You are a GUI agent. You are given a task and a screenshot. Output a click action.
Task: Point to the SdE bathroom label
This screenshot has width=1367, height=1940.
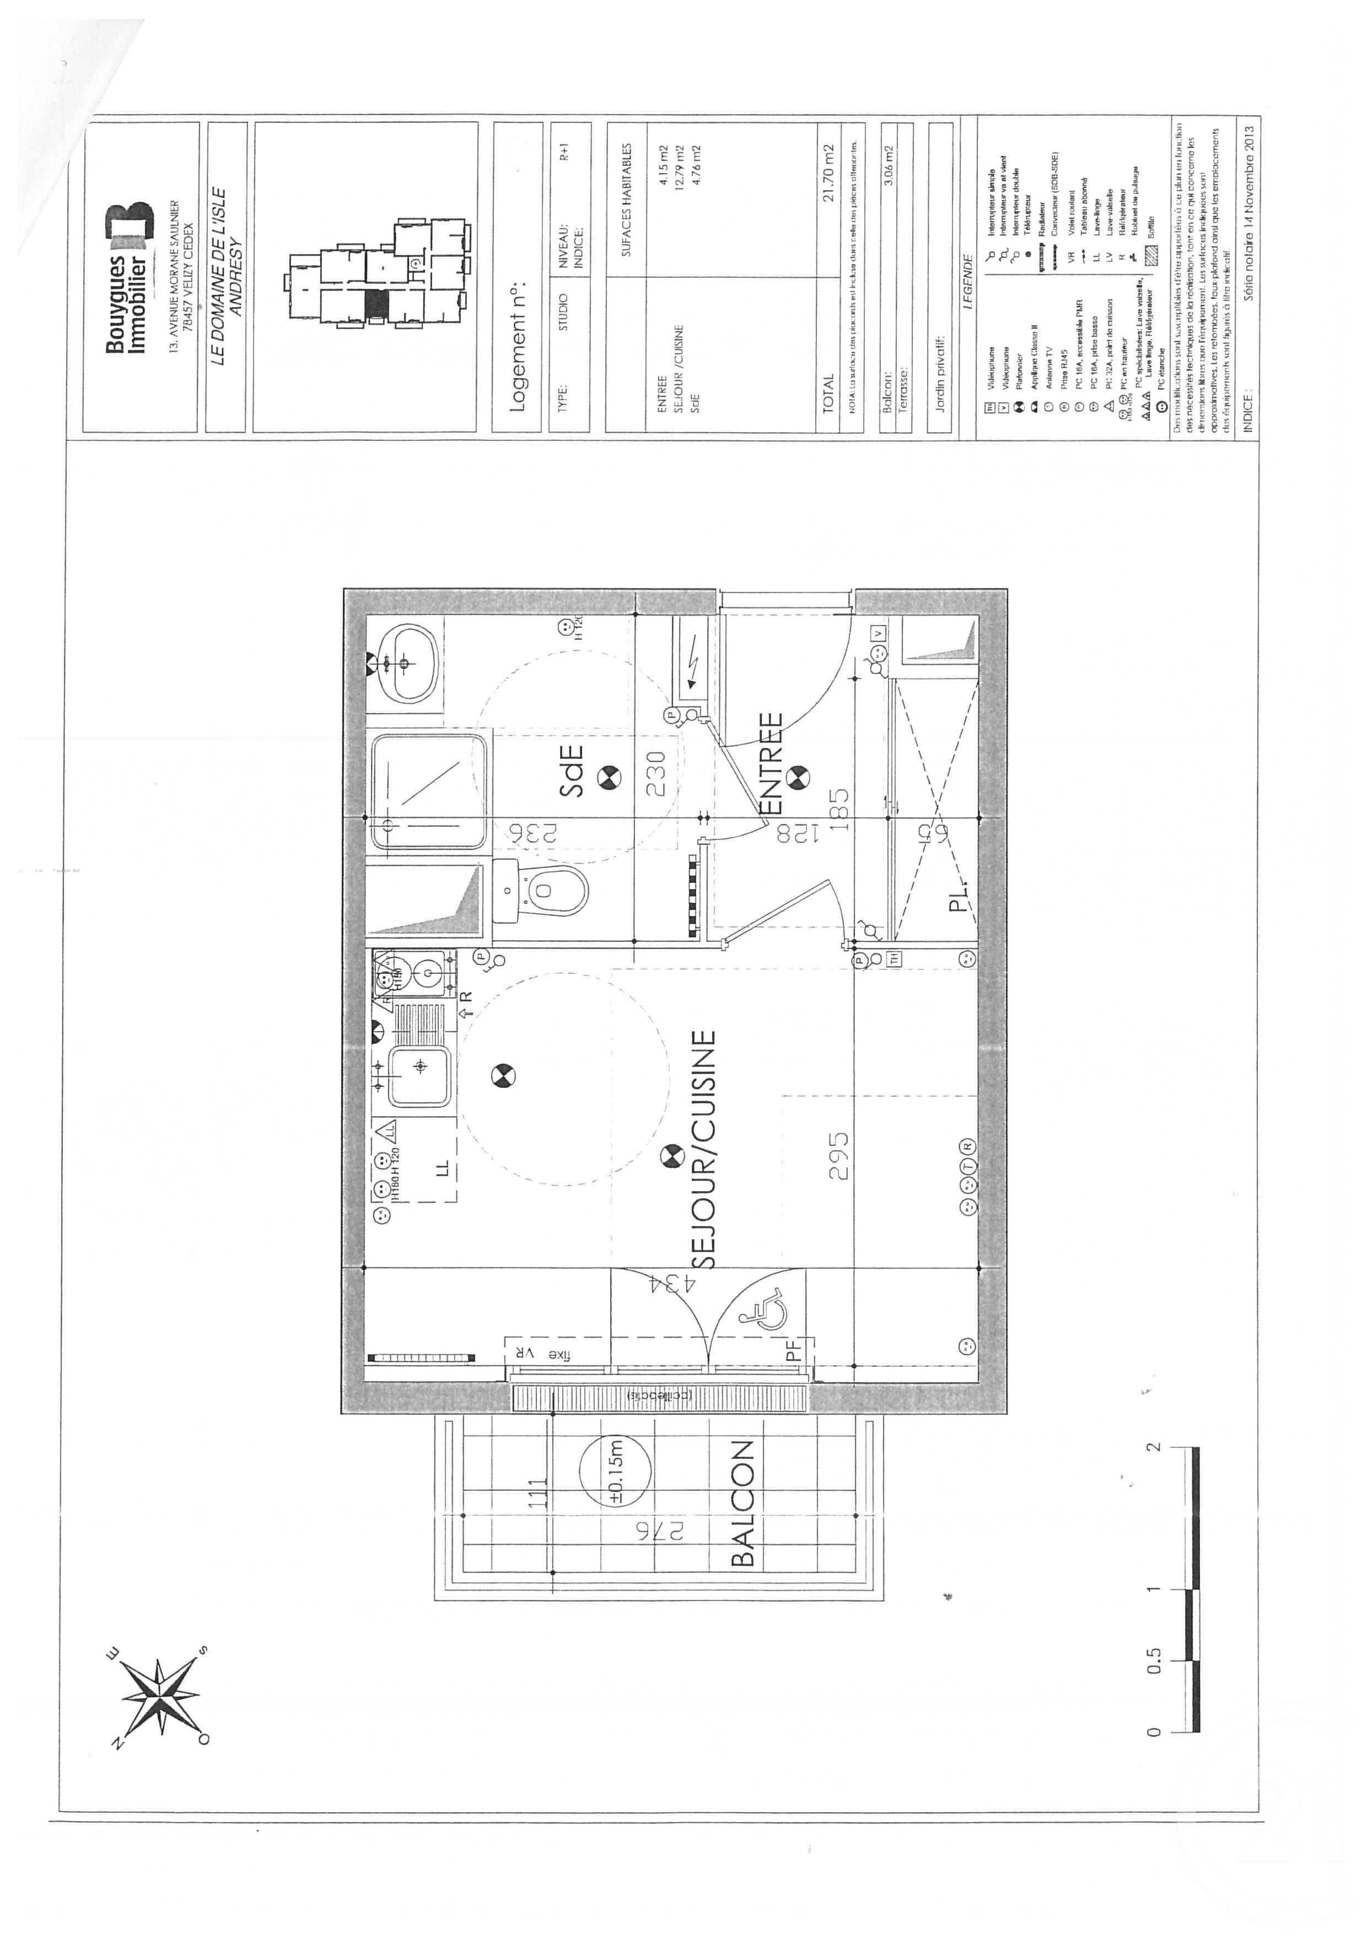click(x=572, y=769)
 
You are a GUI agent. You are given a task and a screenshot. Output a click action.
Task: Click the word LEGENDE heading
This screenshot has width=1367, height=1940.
click(x=968, y=285)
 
